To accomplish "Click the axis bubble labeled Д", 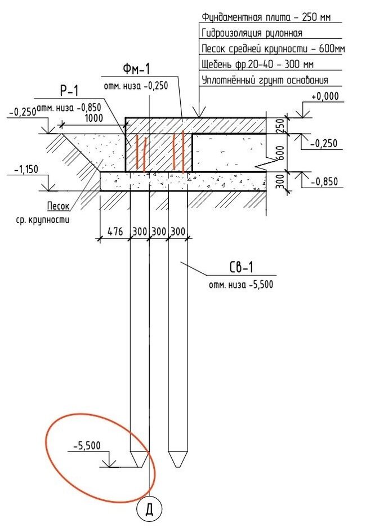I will tap(149, 510).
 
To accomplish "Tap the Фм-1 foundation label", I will tap(136, 70).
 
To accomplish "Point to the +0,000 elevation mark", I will tap(325, 96).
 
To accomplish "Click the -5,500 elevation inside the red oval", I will tap(87, 446).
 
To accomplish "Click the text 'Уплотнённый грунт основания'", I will tap(265, 81).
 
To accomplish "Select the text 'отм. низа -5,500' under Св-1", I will tap(240, 285).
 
